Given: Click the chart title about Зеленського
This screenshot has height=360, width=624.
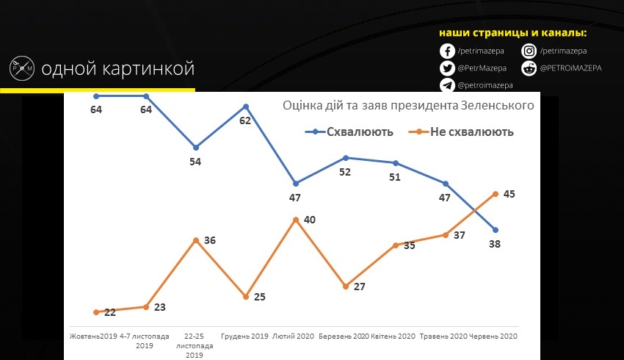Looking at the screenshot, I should (x=407, y=106).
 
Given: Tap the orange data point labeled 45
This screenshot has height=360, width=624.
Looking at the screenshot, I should (x=496, y=194).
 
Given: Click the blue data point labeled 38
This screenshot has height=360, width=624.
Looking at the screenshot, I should (x=496, y=230).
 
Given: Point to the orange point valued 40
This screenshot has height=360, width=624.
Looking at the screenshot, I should (x=295, y=220).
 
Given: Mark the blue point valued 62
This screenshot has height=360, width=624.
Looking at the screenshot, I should (x=245, y=107).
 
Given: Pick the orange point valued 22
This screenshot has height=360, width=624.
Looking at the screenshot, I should (x=96, y=312).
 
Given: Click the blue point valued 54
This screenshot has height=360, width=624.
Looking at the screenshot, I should (x=195, y=147).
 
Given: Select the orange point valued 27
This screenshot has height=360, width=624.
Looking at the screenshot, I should (x=345, y=286).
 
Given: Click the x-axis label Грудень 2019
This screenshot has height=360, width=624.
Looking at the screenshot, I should (x=245, y=336).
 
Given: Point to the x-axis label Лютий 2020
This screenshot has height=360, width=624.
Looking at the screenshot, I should (x=295, y=336).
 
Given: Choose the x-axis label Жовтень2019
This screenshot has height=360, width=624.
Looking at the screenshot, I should (x=94, y=336).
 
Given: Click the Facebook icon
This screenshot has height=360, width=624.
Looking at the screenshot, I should (x=447, y=51).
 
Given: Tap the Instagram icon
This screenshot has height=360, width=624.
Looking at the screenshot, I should (x=529, y=51).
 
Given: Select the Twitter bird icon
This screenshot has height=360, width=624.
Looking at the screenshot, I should (x=447, y=68).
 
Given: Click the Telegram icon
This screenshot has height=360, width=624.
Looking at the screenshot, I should (x=447, y=85).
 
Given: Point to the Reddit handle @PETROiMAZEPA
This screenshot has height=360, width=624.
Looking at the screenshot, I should (x=570, y=68).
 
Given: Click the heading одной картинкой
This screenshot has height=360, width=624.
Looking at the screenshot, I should (x=117, y=70).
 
